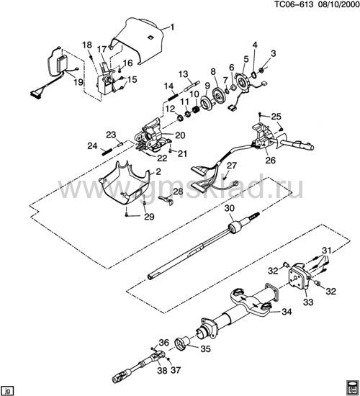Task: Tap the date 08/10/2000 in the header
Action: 338,5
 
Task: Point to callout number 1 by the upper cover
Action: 173,27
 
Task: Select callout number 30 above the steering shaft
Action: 230,208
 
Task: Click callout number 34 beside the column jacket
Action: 287,312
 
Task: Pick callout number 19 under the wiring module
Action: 78,81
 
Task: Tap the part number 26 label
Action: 270,160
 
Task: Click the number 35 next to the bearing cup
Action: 205,348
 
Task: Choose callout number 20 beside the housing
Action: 180,135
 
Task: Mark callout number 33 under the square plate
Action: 308,302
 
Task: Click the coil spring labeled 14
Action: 173,96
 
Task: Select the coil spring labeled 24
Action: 107,152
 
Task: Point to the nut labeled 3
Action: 262,70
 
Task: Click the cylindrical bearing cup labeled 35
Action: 183,344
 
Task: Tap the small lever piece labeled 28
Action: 166,199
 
